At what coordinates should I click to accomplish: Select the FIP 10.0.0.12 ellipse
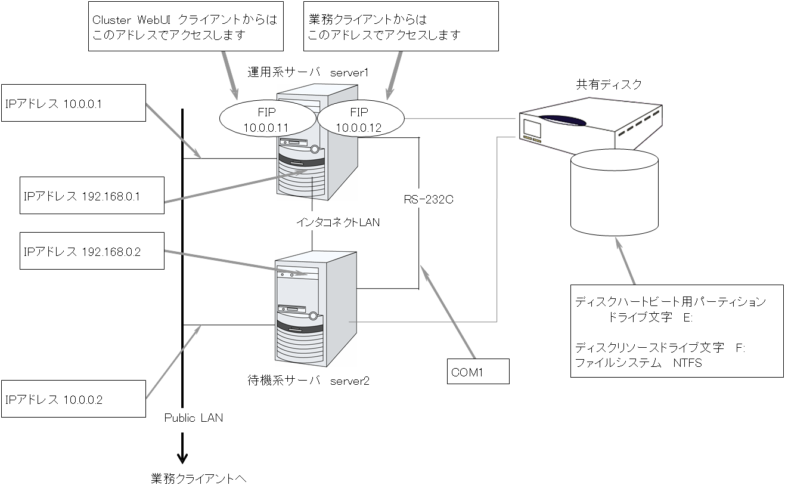[x=359, y=120]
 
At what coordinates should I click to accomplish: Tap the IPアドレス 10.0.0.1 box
[x=74, y=103]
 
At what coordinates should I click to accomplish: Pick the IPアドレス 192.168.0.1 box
[x=92, y=195]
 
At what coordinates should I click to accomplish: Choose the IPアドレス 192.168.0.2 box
[x=92, y=251]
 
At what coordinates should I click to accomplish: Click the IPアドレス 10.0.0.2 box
[x=74, y=398]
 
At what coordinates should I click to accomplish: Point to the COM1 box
[x=479, y=371]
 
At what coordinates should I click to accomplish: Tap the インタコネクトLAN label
[x=338, y=222]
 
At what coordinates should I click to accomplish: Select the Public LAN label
[x=194, y=418]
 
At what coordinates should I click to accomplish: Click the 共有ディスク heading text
[x=609, y=85]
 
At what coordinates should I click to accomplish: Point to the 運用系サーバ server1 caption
[x=308, y=73]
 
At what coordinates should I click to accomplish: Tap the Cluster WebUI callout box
[x=185, y=27]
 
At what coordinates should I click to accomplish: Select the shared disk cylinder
[x=615, y=191]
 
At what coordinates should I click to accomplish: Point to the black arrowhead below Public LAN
[x=182, y=458]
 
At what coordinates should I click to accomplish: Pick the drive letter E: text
[x=687, y=317]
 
